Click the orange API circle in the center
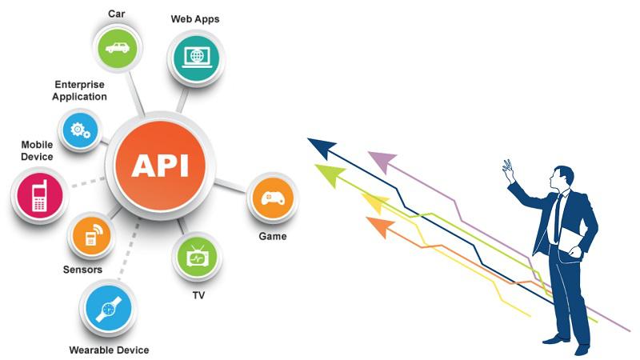pos(161,166)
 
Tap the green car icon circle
pos(118,47)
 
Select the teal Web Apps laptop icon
pos(196,58)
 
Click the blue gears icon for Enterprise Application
pos(80,130)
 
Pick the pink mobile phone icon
pos(39,195)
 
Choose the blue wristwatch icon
pos(109,309)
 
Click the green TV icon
pos(197,257)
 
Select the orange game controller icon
pos(273,198)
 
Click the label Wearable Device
pos(109,350)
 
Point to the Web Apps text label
pos(195,19)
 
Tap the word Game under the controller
pos(273,236)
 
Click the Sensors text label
pos(82,270)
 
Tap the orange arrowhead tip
pos(366,218)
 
